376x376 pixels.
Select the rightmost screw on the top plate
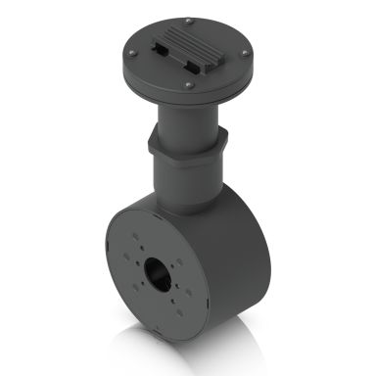tap(248, 55)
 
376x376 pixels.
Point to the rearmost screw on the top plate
tap(184, 17)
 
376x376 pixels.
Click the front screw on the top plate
tap(188, 86)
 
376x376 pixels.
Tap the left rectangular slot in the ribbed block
tap(163, 47)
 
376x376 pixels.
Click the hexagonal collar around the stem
tap(186, 147)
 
